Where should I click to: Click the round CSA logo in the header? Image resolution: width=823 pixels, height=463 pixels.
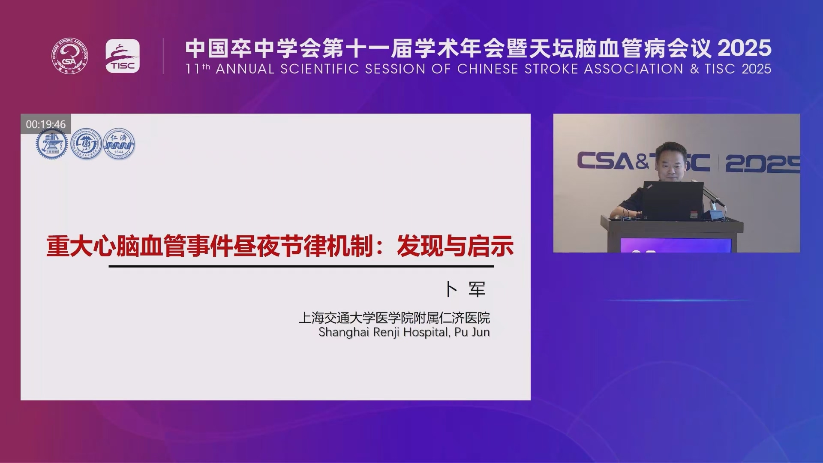click(70, 56)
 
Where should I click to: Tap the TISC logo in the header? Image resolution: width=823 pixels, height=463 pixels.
click(123, 56)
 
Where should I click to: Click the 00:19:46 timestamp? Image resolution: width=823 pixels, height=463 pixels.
click(46, 124)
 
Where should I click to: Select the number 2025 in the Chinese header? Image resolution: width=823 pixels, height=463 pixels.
click(745, 48)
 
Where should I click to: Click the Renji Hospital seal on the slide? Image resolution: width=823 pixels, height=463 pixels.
click(119, 144)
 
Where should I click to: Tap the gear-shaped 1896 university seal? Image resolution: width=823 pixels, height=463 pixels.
click(52, 144)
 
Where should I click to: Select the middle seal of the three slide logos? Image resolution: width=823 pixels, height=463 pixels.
click(86, 144)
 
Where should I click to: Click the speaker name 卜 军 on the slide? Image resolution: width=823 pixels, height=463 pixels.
click(466, 289)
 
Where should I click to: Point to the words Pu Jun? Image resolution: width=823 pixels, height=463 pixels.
click(472, 332)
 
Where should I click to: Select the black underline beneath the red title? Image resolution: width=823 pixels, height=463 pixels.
click(301, 266)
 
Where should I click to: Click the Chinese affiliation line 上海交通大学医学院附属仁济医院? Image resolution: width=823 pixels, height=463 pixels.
click(394, 318)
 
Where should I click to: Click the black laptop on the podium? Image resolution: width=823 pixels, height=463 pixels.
click(673, 201)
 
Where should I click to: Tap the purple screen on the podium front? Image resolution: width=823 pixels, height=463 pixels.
click(676, 245)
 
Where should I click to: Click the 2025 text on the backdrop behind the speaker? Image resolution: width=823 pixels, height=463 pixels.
click(763, 163)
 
